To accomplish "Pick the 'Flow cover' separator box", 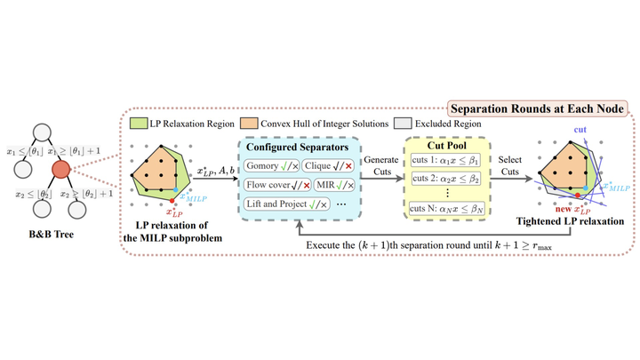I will [x=274, y=184].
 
